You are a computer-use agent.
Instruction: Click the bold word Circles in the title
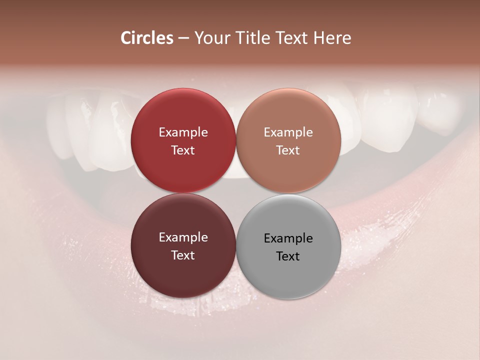point(147,38)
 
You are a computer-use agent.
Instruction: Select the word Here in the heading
point(332,38)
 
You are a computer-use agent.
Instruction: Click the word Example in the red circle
point(183,132)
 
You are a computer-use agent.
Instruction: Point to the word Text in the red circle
point(183,150)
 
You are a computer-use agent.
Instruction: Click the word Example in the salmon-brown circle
point(288,132)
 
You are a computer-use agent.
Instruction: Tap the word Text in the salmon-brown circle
point(288,150)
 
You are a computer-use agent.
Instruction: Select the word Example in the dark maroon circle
point(183,237)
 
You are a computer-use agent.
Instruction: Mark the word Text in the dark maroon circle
point(183,255)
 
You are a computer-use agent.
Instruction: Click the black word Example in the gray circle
point(288,238)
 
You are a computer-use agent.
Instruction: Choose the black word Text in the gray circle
point(288,256)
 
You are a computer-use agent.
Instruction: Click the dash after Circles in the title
point(183,38)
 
